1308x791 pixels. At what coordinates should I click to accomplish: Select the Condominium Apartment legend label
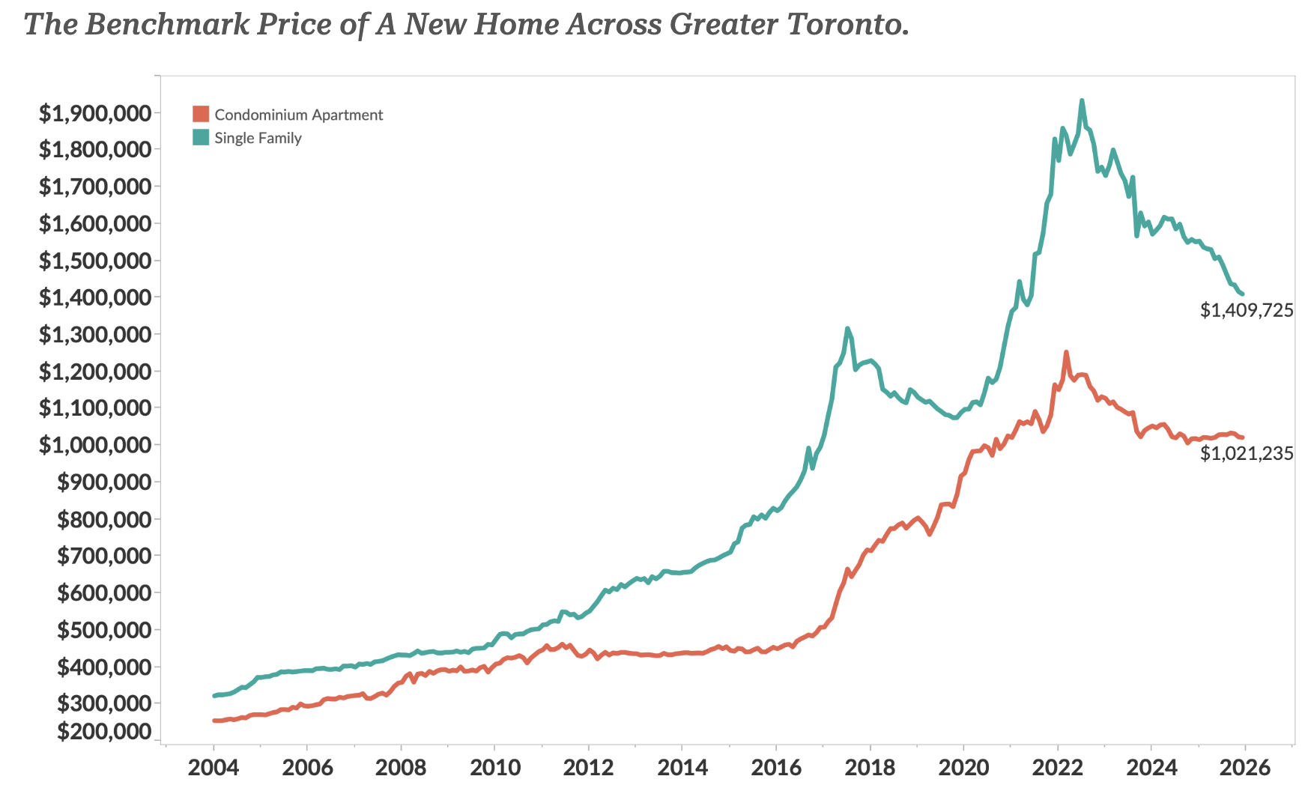298,115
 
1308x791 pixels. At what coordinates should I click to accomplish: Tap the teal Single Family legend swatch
201,137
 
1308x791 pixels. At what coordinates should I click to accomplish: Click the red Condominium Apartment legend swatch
201,114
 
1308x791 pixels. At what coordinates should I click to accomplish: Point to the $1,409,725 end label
1247,310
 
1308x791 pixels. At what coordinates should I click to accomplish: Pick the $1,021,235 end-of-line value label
1247,453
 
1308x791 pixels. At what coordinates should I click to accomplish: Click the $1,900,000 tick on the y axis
95,113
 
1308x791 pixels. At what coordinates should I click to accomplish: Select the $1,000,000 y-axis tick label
95,445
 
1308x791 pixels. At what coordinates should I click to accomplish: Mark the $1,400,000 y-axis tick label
95,297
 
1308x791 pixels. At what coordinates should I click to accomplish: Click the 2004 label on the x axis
213,767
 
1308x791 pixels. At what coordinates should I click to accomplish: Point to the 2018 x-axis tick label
870,767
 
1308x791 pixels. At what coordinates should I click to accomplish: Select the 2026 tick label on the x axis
1244,767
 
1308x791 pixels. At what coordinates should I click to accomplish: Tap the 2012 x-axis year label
588,767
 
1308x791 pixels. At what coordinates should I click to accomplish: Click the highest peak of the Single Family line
1082,100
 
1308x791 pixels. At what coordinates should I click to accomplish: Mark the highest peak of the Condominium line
1066,351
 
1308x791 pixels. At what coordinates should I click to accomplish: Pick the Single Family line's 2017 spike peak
847,328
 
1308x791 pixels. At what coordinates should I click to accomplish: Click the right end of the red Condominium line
1243,437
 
